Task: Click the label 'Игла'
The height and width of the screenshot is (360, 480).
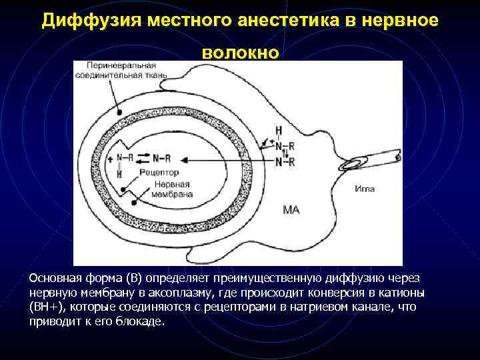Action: tap(365, 189)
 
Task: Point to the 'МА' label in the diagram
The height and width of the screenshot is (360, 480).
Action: tap(292, 210)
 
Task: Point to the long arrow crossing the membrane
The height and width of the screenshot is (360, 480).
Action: tap(227, 159)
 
